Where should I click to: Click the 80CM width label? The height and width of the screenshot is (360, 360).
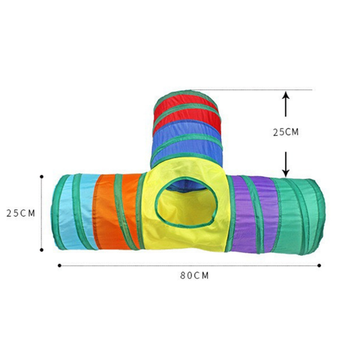[x=194, y=275]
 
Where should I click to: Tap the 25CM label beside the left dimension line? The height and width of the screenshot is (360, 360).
[x=21, y=213]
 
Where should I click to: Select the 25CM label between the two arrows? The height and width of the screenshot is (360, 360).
[x=286, y=132]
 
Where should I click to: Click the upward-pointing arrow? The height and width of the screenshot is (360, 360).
[x=286, y=104]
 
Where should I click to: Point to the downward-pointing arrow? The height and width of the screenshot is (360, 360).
[x=286, y=164]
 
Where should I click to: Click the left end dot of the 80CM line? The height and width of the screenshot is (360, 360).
[x=59, y=265]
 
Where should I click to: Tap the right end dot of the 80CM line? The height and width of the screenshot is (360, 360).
[x=319, y=265]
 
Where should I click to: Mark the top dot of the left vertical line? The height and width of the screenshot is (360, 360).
[x=42, y=177]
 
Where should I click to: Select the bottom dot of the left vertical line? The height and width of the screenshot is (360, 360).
[x=42, y=250]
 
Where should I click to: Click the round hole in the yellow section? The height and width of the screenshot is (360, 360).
[x=186, y=202]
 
